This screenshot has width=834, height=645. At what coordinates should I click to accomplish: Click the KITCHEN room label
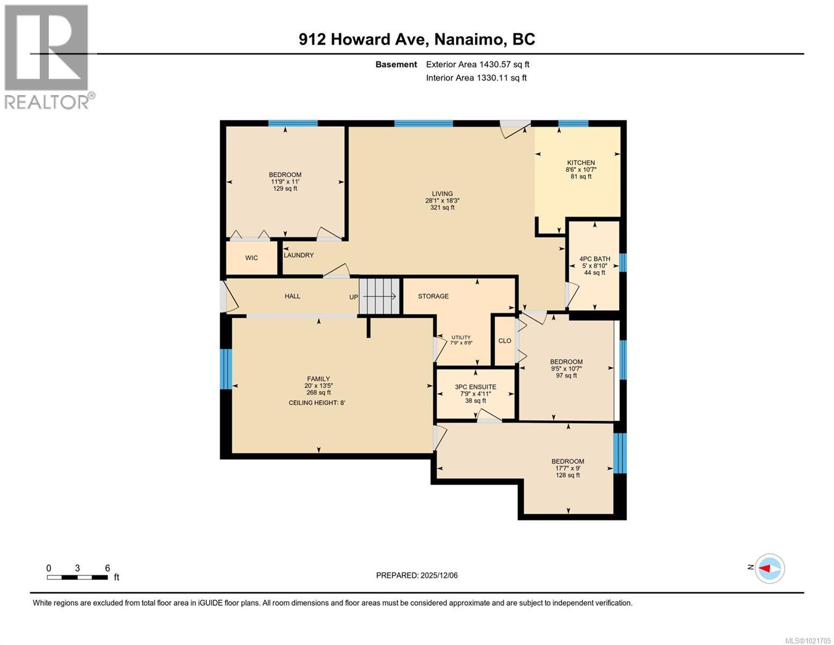(x=581, y=163)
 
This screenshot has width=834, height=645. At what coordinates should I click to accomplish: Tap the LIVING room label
(x=442, y=194)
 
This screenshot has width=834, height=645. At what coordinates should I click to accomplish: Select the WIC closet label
(x=251, y=258)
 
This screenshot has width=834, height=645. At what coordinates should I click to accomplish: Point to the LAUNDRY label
(x=299, y=255)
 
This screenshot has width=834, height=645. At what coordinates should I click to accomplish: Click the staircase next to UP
(x=380, y=296)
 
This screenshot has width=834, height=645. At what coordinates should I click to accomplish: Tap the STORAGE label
(x=433, y=296)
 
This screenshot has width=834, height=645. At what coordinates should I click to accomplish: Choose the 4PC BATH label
(x=594, y=259)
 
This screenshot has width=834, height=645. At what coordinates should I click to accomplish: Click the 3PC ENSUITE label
(x=475, y=387)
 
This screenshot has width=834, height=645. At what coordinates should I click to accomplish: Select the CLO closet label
(x=505, y=341)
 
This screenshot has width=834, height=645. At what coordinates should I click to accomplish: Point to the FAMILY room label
(x=318, y=379)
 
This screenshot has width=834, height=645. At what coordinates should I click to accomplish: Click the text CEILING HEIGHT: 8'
(x=317, y=403)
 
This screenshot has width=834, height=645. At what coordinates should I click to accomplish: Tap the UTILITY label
(x=461, y=338)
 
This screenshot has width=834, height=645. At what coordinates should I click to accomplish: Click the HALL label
(x=293, y=296)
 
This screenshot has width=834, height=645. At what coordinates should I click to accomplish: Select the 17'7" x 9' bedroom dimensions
(x=568, y=468)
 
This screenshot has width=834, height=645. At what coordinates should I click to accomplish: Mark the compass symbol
(x=770, y=568)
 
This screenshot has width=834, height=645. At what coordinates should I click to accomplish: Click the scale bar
(x=77, y=577)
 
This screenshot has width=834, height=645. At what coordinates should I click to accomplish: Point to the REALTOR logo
(x=47, y=57)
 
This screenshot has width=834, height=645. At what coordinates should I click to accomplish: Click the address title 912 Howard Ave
(x=364, y=39)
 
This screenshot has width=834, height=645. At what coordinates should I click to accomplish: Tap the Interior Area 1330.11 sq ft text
(x=476, y=78)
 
